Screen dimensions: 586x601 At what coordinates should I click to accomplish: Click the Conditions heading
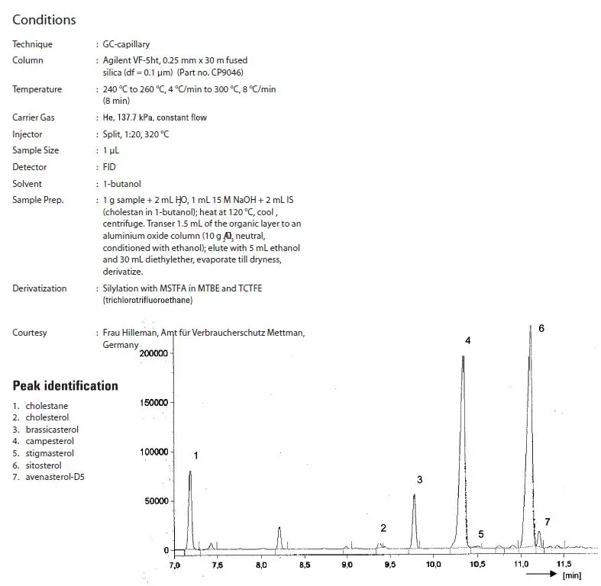(44, 20)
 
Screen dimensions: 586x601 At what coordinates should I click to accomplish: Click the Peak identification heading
(66, 385)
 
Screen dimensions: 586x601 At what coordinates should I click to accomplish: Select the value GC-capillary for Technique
(128, 44)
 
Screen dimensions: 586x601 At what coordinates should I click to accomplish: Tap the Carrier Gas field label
(34, 118)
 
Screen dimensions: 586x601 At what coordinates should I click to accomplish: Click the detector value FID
(110, 167)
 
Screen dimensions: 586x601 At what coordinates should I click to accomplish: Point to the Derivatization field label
(40, 288)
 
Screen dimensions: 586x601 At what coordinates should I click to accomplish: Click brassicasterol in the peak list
(52, 430)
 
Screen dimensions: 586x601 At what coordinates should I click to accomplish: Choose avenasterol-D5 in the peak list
(53, 477)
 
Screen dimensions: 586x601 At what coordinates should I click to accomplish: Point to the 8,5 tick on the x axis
(304, 565)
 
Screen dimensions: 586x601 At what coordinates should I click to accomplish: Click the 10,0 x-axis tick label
(433, 565)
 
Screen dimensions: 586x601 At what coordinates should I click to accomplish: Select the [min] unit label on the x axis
(572, 576)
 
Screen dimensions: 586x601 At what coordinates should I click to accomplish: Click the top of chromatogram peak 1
(190, 472)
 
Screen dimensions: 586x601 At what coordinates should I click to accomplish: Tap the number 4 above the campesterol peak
(467, 340)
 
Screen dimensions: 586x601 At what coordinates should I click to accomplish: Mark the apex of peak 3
(414, 495)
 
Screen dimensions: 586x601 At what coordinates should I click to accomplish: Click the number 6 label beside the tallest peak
(541, 328)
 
